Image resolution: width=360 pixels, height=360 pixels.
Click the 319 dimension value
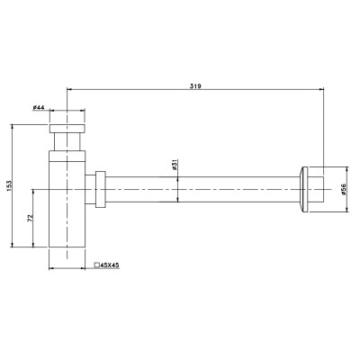click(x=195, y=86)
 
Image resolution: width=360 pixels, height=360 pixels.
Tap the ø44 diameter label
click(x=39, y=107)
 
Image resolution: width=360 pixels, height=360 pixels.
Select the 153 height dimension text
click(x=8, y=186)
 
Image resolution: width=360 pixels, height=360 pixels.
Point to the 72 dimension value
click(x=30, y=218)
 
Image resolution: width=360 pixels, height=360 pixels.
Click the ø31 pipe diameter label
click(x=175, y=165)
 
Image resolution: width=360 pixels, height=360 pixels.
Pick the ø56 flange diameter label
click(x=344, y=189)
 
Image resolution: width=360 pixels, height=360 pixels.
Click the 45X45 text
click(x=110, y=265)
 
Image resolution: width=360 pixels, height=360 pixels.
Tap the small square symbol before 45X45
click(x=97, y=265)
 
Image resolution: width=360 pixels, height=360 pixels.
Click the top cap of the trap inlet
click(x=67, y=128)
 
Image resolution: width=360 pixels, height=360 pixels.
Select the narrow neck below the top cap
click(x=67, y=141)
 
